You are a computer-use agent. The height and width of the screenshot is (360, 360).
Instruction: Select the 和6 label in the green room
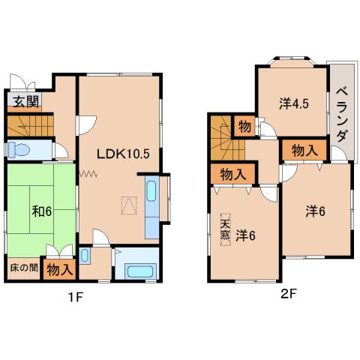click(41, 211)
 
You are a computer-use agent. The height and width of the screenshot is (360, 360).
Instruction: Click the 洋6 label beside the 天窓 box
click(245, 235)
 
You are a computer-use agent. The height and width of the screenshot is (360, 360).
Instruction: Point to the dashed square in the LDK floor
click(128, 204)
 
